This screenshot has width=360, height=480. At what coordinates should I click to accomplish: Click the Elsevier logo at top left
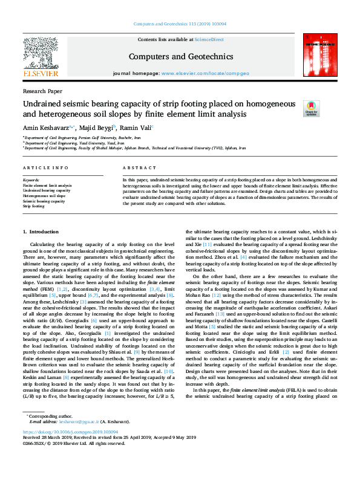coord(40,56)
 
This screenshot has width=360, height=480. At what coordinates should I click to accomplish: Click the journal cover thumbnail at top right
coord(319,56)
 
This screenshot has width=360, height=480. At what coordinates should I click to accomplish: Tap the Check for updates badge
coord(294,109)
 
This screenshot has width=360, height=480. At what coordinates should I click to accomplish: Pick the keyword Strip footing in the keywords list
coord(34,206)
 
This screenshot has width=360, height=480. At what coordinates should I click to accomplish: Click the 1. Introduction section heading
coord(41,232)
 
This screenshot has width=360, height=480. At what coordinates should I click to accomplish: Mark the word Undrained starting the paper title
coord(47,103)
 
